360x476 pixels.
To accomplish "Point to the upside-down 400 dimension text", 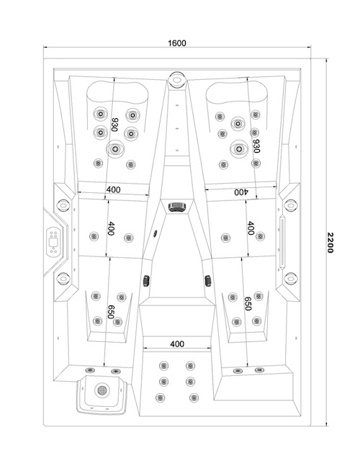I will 240,193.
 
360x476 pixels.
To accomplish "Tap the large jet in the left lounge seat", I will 114,149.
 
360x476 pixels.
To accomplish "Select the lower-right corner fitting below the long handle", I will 290,279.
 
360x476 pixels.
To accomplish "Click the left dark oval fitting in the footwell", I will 146,279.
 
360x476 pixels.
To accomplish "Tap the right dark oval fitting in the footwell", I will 208,279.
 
